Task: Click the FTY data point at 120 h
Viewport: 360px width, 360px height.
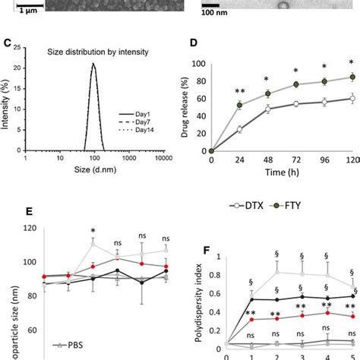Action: (351, 77)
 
